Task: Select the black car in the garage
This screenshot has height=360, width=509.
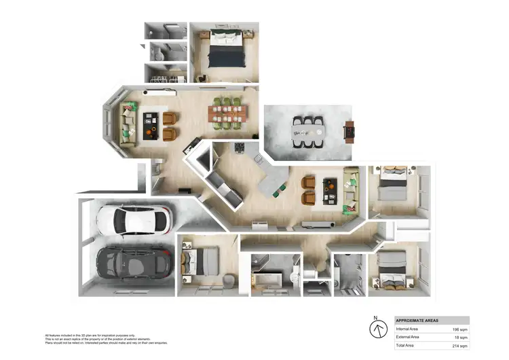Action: tap(133, 262)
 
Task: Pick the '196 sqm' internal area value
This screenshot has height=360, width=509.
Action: tap(458, 329)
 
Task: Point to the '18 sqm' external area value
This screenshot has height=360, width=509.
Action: tap(459, 337)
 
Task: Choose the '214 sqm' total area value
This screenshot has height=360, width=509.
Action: tap(458, 346)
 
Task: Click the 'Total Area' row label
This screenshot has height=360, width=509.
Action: tap(407, 346)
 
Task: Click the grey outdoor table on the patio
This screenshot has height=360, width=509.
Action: tap(308, 130)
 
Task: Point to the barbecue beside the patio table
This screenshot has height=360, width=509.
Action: tap(350, 130)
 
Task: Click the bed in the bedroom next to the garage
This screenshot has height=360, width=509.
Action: tap(204, 259)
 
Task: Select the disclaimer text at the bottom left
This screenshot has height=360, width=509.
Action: tap(106, 339)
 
